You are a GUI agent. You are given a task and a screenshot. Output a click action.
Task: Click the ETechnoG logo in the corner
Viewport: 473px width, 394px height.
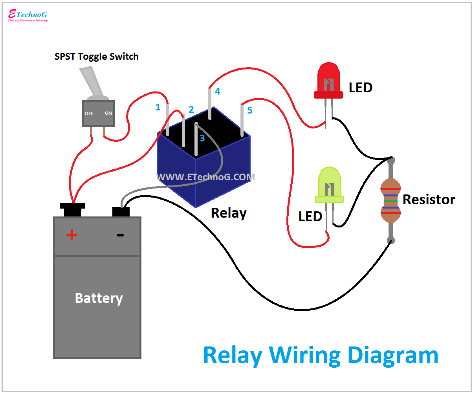[28, 15]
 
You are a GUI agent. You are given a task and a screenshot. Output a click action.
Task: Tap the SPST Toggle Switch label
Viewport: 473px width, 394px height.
[96, 57]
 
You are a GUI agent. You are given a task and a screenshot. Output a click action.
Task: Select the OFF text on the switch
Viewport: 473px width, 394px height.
[89, 114]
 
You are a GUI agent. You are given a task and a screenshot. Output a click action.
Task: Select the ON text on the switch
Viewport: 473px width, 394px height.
[108, 113]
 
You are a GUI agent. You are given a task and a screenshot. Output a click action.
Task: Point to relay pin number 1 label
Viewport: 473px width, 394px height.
[158, 107]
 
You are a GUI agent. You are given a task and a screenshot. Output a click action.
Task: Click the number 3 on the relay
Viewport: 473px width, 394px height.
[202, 138]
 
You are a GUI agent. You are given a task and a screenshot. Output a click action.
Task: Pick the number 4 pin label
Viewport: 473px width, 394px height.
[217, 92]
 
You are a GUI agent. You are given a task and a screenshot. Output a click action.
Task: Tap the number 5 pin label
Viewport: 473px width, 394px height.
[249, 110]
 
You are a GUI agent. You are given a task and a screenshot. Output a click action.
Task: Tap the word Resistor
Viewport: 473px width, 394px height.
[429, 200]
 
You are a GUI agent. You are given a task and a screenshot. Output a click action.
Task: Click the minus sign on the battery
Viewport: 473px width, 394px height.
[120, 235]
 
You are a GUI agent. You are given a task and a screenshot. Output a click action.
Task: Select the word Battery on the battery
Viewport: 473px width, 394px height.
[99, 298]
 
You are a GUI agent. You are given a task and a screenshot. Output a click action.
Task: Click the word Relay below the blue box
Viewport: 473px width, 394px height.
[229, 213]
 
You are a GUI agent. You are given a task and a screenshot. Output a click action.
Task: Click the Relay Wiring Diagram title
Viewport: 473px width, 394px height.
[320, 355]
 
